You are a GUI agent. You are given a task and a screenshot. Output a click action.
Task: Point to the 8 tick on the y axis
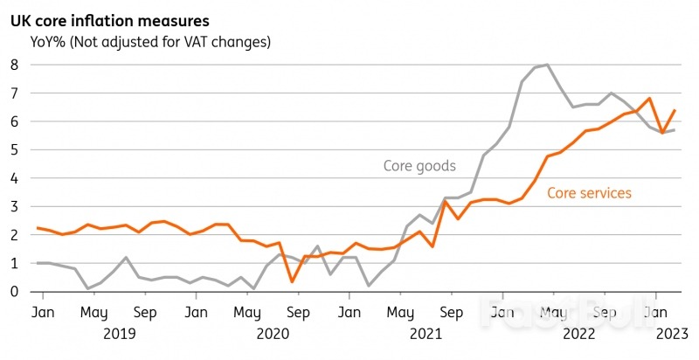click(13, 65)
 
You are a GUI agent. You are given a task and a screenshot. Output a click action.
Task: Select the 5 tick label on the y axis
click(13, 149)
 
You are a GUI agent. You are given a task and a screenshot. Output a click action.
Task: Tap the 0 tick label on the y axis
click(13, 292)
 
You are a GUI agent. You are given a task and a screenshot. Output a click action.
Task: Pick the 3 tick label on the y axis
click(13, 206)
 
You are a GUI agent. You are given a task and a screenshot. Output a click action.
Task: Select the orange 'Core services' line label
click(589, 193)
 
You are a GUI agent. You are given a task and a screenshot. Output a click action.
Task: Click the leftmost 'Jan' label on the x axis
click(40, 311)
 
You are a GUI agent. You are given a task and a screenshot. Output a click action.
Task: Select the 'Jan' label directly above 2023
click(654, 311)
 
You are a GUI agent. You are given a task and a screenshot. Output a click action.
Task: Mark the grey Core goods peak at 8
click(547, 65)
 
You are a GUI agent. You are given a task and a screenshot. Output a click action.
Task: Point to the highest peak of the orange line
click(649, 99)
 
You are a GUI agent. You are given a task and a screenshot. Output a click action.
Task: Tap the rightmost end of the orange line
click(675, 110)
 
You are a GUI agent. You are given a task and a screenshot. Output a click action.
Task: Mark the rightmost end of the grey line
click(675, 130)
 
